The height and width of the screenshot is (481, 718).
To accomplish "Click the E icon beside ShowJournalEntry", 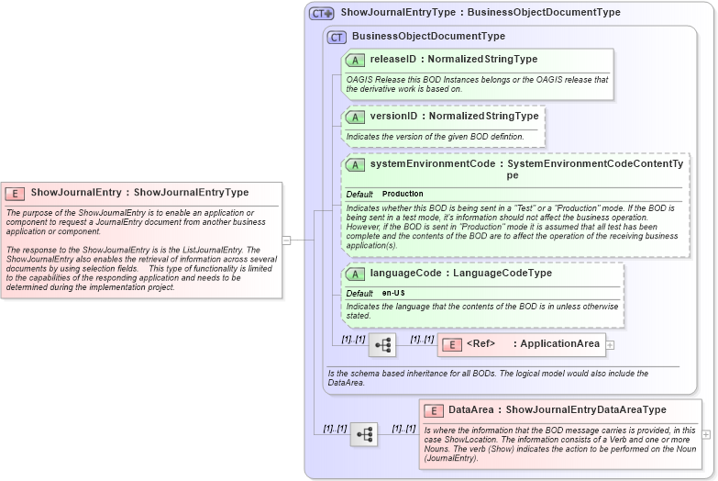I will [x=16, y=193].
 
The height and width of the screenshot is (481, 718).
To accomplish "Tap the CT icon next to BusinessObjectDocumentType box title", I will [x=337, y=37].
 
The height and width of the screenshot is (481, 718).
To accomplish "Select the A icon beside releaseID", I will [x=356, y=60].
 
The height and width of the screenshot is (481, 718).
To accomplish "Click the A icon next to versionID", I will [x=356, y=117].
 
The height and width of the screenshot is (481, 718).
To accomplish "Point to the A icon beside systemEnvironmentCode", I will [x=356, y=164].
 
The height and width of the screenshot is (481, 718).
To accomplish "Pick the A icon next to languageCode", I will [x=356, y=274].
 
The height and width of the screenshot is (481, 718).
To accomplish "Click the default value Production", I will [x=403, y=195].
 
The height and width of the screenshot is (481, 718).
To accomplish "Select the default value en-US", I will [x=393, y=293].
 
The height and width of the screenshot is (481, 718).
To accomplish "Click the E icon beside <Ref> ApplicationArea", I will [x=452, y=345].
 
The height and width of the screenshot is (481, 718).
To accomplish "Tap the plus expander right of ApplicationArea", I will [x=610, y=345].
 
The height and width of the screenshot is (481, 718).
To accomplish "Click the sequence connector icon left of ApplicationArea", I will [x=382, y=345].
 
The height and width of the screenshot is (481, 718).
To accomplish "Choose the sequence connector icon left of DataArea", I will [x=364, y=434].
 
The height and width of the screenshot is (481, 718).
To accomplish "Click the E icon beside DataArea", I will [x=434, y=410].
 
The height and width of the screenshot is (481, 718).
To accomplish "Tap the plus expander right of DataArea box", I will [x=706, y=434].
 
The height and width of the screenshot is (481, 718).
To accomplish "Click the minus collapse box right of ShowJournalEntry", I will [x=286, y=240].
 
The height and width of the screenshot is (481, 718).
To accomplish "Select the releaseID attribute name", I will [x=393, y=60].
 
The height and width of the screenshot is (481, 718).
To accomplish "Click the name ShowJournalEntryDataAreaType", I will [x=586, y=410].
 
